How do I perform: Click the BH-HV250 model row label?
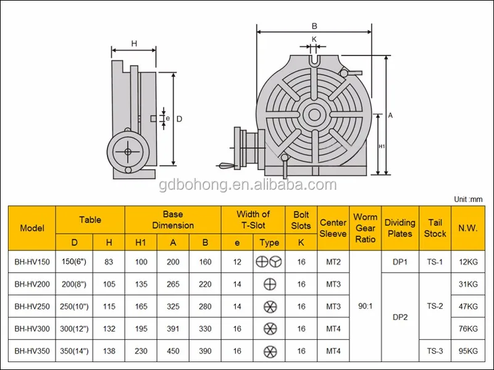pyautogui.click(x=32, y=306)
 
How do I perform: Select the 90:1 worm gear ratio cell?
pyautogui.click(x=365, y=306)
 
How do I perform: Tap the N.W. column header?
pyautogui.click(x=468, y=228)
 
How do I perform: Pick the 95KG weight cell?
pyautogui.click(x=468, y=351)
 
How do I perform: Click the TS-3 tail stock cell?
pyautogui.click(x=435, y=351)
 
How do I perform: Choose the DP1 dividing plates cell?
pyautogui.click(x=400, y=261)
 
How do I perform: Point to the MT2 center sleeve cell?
pyautogui.click(x=333, y=261)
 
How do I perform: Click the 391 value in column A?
pyautogui.click(x=173, y=329)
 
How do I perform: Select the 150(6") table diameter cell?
pyautogui.click(x=74, y=261)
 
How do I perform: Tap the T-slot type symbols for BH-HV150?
pyautogui.click(x=269, y=261)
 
